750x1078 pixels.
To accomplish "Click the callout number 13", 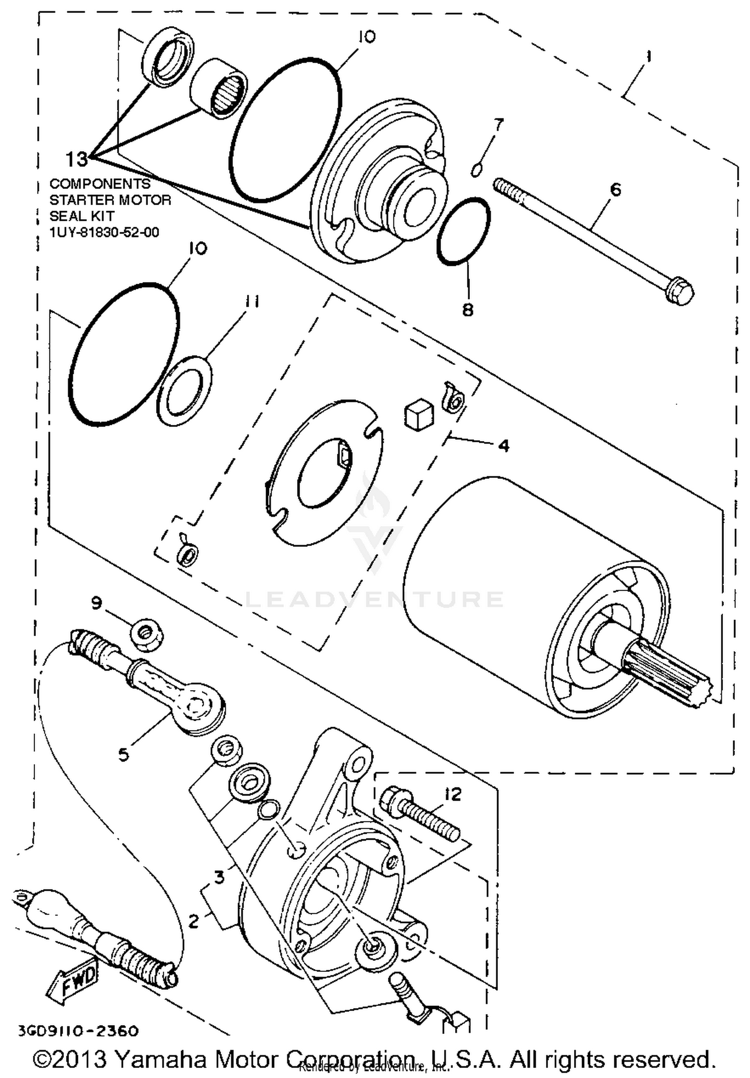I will [x=76, y=159].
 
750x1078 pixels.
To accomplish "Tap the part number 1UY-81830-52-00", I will [x=104, y=233].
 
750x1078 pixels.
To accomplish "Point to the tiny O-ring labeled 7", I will [x=476, y=170].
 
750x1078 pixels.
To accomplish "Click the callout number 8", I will [x=467, y=310].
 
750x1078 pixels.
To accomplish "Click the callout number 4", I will [x=503, y=445].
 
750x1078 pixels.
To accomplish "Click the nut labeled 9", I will [x=147, y=634].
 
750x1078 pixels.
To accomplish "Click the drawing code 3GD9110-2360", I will [x=77, y=1031].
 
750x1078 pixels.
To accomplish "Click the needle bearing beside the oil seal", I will [x=219, y=89].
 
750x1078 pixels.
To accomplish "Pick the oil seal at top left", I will [x=169, y=58].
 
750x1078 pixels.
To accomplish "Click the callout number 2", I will [x=193, y=920].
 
